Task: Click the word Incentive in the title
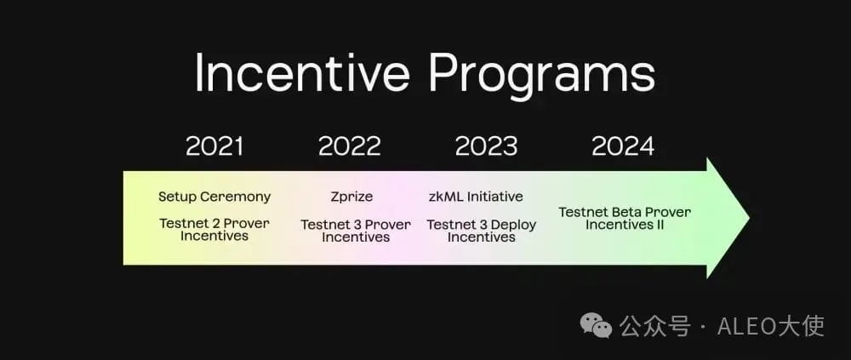(302, 74)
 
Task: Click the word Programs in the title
(541, 76)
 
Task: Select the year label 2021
(214, 146)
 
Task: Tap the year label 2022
(350, 146)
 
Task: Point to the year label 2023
(486, 146)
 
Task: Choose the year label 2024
(623, 146)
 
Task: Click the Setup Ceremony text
(214, 197)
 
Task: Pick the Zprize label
(351, 197)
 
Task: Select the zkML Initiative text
(476, 196)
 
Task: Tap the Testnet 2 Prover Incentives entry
(214, 230)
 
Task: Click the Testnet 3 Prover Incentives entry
(356, 231)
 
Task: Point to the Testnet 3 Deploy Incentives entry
(482, 231)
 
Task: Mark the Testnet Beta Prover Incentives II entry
(625, 218)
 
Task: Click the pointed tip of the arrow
(750, 218)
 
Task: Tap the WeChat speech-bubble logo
(596, 325)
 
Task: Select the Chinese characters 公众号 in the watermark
(655, 326)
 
